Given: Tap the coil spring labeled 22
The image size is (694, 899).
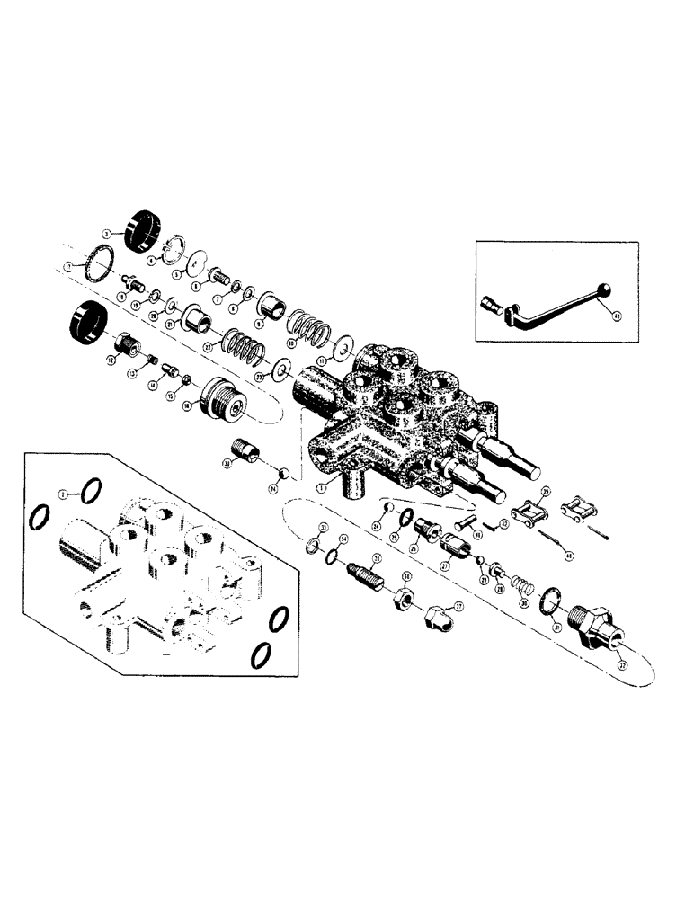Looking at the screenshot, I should [x=240, y=342].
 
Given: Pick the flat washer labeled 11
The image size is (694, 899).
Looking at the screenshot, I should [x=343, y=346].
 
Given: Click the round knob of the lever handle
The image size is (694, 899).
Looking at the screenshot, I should [x=605, y=290].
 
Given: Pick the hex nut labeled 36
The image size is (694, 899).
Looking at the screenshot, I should [x=402, y=595].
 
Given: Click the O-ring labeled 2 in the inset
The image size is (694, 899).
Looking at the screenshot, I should [x=91, y=491].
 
